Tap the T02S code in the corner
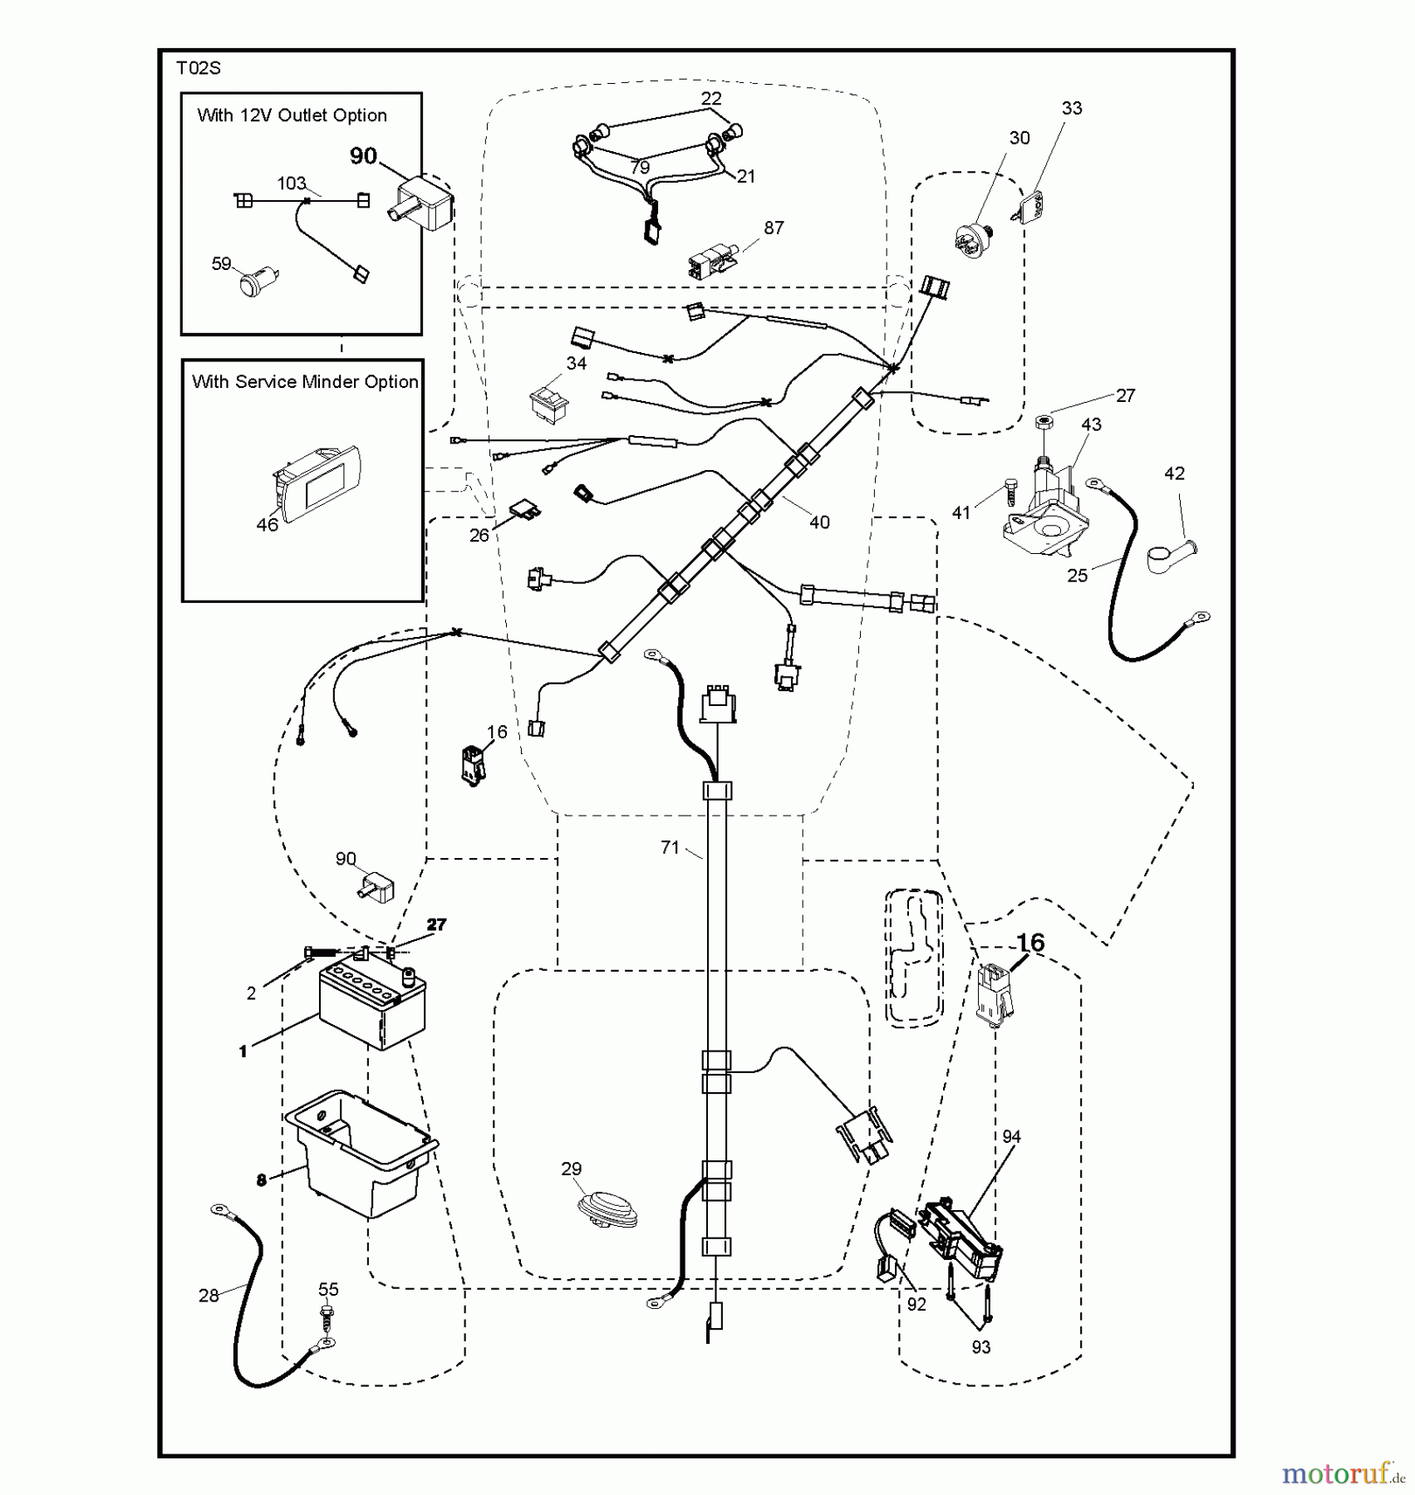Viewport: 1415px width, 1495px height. [x=199, y=69]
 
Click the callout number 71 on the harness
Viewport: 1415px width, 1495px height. [x=670, y=847]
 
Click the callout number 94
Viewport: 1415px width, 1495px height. [x=1011, y=1136]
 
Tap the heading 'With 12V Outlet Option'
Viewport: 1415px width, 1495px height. [x=292, y=115]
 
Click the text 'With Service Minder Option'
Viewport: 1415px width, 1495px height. [x=305, y=382]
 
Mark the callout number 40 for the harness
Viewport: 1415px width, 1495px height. [x=819, y=522]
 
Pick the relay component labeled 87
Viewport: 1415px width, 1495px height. [x=710, y=260]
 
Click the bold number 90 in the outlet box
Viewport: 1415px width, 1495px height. [x=363, y=156]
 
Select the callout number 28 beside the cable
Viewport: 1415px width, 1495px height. [x=209, y=1295]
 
